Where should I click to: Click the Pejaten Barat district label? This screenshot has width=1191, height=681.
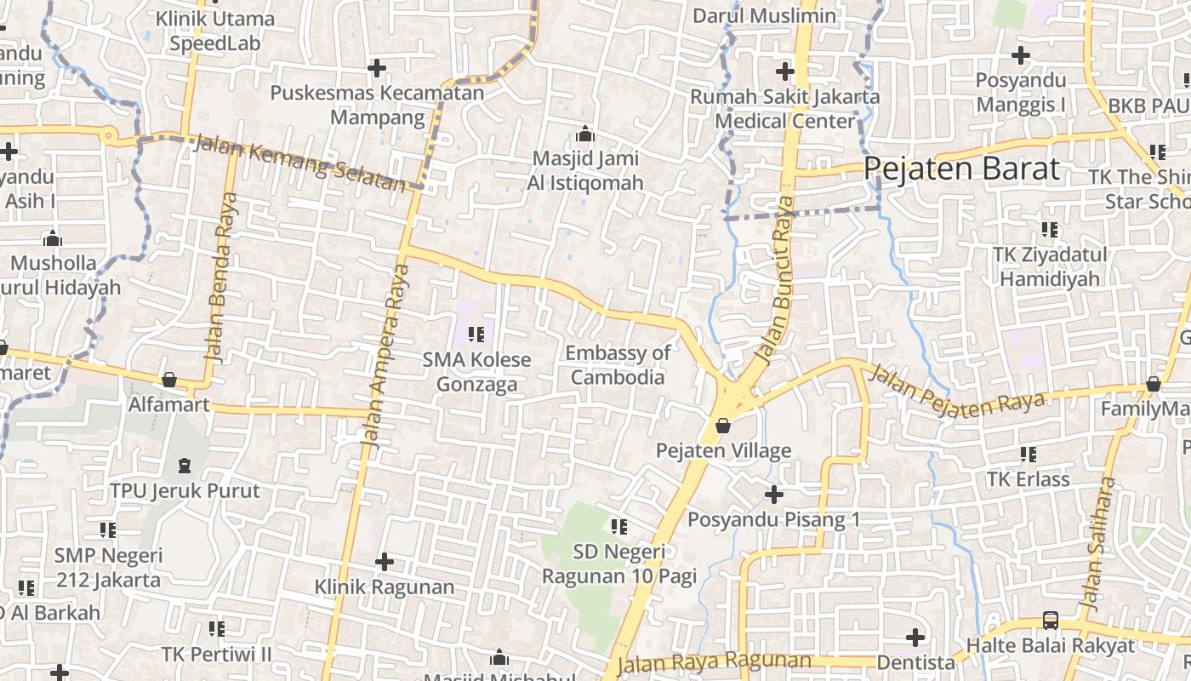tap(962, 169)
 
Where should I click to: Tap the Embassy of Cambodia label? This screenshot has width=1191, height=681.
tap(618, 364)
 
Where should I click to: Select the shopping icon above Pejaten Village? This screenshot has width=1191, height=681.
tap(723, 425)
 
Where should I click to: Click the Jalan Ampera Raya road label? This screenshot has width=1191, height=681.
tap(387, 356)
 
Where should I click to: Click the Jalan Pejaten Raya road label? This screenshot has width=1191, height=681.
tap(956, 391)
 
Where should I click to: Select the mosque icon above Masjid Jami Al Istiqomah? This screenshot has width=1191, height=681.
tap(584, 134)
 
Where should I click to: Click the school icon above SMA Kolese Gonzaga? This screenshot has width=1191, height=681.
tap(476, 335)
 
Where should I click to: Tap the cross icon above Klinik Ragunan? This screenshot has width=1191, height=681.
tap(385, 562)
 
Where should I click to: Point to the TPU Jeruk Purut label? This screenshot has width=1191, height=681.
tap(185, 491)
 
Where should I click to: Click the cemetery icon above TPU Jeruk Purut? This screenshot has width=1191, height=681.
tap(184, 466)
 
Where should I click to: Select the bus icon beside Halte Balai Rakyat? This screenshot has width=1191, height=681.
tap(1051, 621)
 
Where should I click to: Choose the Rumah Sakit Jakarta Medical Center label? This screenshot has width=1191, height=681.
tap(784, 109)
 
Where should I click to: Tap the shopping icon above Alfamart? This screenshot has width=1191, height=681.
tap(169, 380)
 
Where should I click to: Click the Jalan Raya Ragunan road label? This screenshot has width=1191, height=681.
tap(715, 661)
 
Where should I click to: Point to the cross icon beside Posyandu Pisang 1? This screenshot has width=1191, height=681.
tap(773, 494)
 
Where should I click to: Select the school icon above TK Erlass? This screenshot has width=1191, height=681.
tap(1028, 455)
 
